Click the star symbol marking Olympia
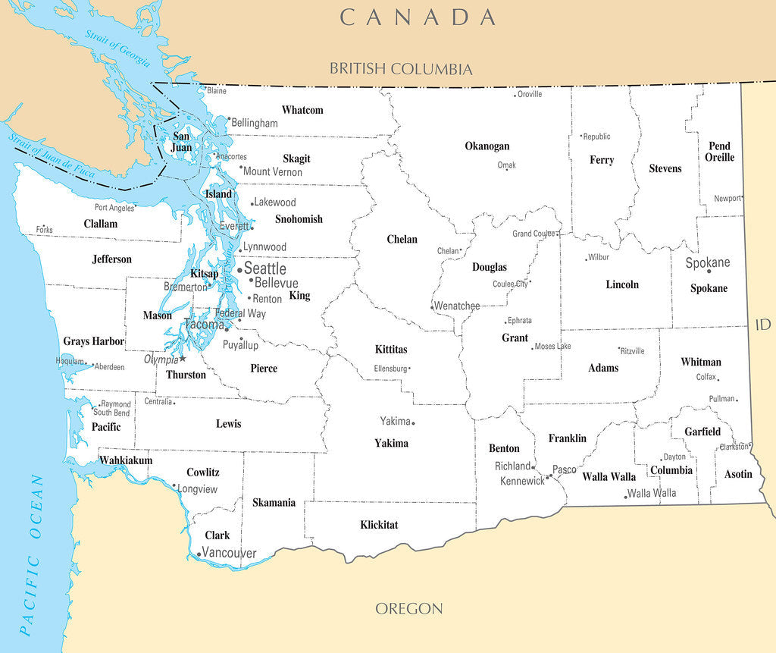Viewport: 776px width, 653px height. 183,358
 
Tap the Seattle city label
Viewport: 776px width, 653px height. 264,269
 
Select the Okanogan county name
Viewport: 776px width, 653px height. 487,146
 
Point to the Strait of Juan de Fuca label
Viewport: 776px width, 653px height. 52,156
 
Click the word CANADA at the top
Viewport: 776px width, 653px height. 418,17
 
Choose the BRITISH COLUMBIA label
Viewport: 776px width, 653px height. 400,69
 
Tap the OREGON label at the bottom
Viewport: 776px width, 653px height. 409,608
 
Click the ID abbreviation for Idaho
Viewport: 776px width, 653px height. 762,325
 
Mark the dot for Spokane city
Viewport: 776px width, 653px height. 709,271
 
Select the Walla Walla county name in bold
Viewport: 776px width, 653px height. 609,477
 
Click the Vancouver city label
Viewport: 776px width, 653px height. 229,554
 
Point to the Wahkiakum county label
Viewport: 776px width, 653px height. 126,460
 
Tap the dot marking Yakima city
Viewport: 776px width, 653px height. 413,423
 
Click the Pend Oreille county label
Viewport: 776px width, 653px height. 719,152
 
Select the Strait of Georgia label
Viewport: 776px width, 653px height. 117,49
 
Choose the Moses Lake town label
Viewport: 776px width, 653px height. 552,347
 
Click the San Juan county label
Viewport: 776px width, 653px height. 182,142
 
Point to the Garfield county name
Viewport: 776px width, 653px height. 702,432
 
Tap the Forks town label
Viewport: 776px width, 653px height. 44,229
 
